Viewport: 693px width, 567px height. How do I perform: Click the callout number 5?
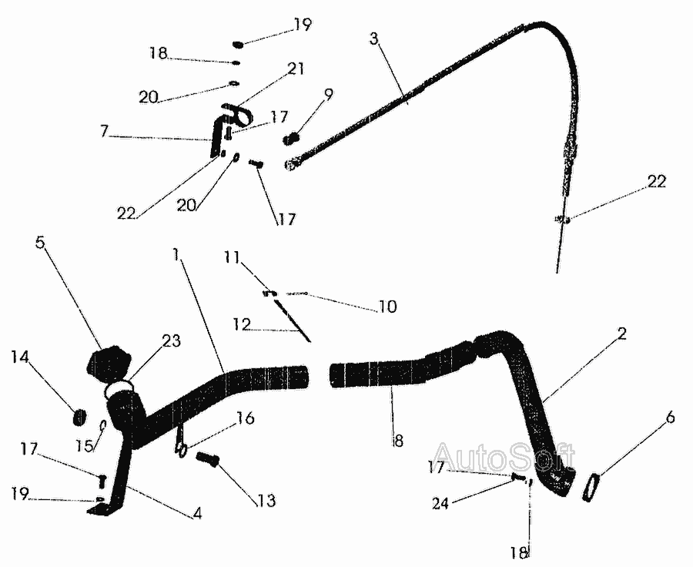click(40, 242)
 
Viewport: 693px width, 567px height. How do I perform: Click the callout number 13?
click(265, 501)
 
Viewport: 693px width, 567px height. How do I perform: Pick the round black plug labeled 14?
click(79, 417)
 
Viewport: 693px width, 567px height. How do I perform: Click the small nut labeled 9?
click(293, 139)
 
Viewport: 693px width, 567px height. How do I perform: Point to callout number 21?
click(296, 69)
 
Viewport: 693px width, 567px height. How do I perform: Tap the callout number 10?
click(387, 307)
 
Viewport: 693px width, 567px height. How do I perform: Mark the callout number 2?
click(621, 334)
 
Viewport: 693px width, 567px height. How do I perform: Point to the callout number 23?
click(170, 341)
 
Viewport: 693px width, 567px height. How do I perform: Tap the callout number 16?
click(245, 418)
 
